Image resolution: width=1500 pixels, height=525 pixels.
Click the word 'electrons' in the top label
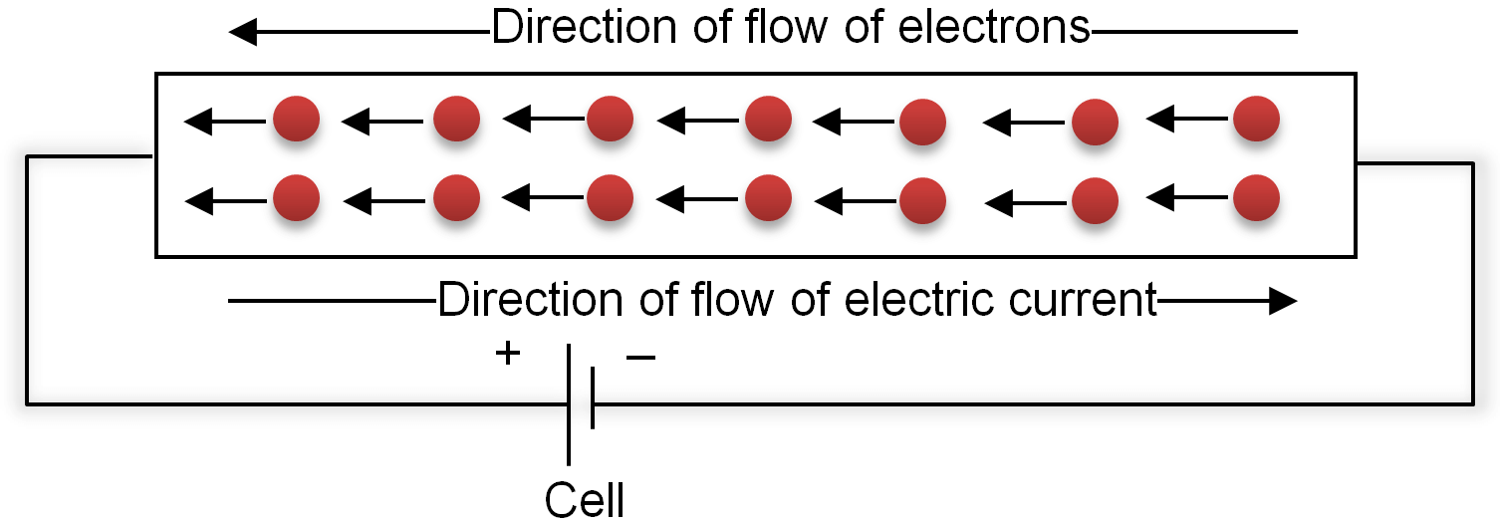(x=994, y=29)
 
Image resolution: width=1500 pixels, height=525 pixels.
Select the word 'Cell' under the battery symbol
(x=585, y=500)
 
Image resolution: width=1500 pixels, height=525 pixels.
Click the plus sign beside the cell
(x=508, y=353)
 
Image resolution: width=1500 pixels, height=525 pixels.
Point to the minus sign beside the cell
(x=640, y=358)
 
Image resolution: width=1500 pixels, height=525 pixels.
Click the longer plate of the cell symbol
(x=569, y=404)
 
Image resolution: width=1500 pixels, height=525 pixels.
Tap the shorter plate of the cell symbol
(x=593, y=397)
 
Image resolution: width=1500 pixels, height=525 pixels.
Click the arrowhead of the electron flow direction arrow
(x=243, y=32)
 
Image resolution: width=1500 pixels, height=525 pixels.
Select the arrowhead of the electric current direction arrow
(x=1283, y=301)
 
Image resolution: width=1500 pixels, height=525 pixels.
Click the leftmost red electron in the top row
(x=296, y=119)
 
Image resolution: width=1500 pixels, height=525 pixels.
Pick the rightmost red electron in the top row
(x=1256, y=119)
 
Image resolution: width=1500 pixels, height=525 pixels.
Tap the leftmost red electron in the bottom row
(x=296, y=197)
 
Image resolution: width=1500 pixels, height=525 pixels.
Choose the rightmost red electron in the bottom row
(x=1256, y=197)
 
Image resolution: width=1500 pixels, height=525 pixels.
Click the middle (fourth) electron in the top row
(x=768, y=119)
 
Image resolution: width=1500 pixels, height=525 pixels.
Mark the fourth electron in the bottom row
(x=768, y=197)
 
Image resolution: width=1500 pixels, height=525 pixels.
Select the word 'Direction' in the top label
(x=584, y=28)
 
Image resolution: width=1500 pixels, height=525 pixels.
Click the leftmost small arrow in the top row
(x=225, y=122)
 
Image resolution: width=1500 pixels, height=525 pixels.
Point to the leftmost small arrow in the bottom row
(x=225, y=201)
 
